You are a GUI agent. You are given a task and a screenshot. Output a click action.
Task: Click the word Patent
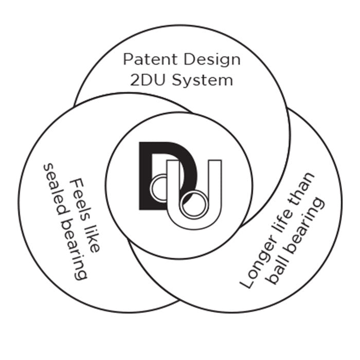[150, 59]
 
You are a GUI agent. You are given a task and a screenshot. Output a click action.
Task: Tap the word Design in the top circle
[212, 60]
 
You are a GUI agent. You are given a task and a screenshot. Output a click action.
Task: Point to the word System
[203, 81]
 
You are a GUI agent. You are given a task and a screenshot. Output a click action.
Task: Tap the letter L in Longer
[246, 283]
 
